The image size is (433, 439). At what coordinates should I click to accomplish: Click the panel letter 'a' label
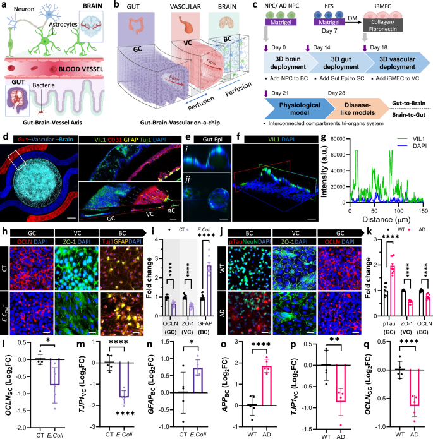coord(4,5)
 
